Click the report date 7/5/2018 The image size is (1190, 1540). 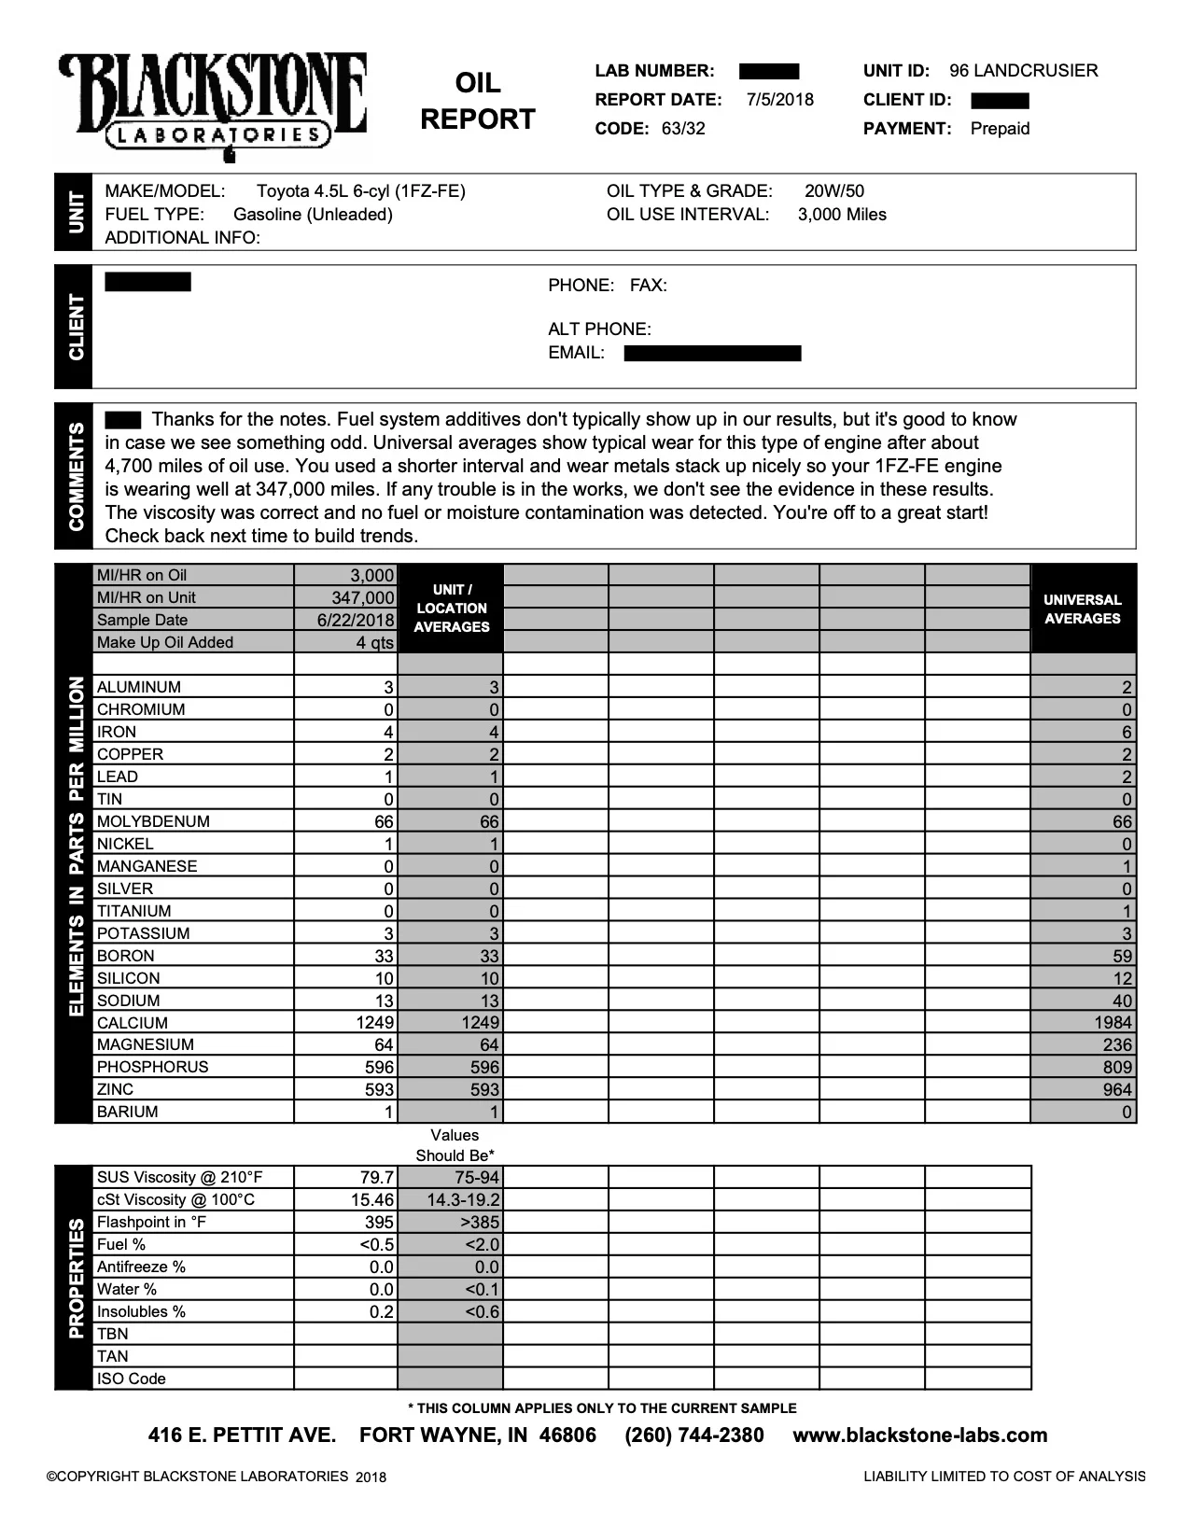(780, 100)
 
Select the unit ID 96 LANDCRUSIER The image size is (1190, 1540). (1023, 71)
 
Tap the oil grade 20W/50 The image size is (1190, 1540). (834, 191)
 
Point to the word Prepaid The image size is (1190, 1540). (1000, 129)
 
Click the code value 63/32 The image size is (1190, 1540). (683, 129)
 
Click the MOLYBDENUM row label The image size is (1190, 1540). (153, 821)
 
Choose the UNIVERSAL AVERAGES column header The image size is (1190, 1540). (1083, 609)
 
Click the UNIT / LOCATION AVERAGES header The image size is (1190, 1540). (452, 609)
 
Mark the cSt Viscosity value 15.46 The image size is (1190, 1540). (375, 1200)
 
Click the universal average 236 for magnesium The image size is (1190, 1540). (1116, 1045)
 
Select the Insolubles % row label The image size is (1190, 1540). (141, 1312)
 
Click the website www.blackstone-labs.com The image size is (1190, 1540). (919, 1435)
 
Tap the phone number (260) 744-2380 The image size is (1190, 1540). (693, 1435)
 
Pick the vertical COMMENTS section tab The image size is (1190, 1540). (75, 476)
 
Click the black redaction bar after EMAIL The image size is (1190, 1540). (712, 353)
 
